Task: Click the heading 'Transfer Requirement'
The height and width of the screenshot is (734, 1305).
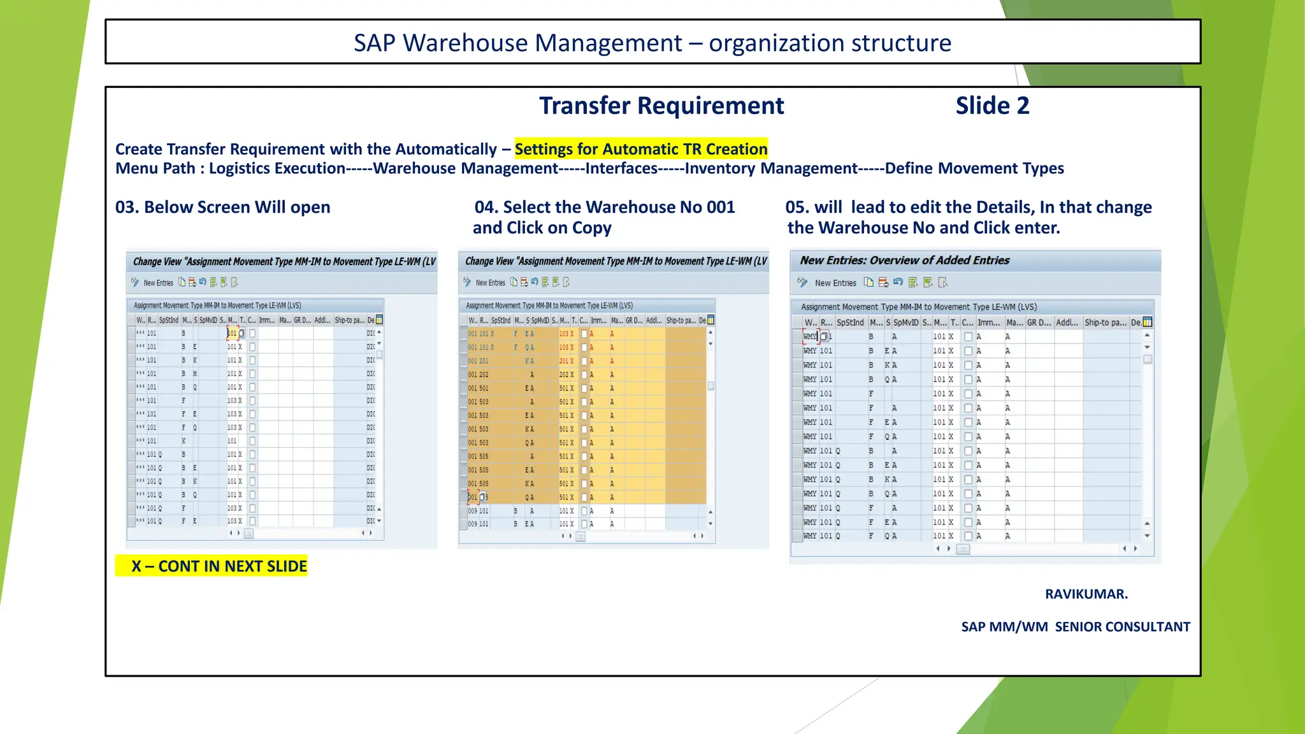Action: pos(661,106)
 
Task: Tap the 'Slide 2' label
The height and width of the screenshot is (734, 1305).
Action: pos(992,106)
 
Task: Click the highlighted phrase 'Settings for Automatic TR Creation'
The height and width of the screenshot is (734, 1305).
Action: pos(640,149)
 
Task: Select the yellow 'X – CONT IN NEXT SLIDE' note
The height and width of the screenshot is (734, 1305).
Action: pos(211,566)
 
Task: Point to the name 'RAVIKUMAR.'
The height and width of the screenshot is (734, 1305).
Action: pos(1086,594)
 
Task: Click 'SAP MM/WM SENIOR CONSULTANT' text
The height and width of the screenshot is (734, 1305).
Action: pos(1075,626)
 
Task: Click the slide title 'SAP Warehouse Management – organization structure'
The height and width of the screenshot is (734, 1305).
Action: pos(652,43)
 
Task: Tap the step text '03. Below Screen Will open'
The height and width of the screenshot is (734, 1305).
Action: pos(222,207)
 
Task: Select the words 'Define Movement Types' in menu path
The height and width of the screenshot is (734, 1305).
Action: pos(974,168)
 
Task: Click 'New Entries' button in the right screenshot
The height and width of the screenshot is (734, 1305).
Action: pos(835,283)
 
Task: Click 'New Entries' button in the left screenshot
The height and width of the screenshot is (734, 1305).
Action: pos(158,283)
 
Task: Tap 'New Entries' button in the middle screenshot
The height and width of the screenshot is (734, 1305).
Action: pos(490,283)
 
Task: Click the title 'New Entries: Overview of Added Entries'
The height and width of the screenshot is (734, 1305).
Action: pos(904,260)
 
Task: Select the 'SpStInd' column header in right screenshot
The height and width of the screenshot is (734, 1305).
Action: pos(850,322)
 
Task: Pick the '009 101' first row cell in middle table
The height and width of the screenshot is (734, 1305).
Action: pos(478,511)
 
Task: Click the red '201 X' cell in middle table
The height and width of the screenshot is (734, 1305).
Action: pos(566,361)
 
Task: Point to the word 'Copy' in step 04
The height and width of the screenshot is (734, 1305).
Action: pos(591,227)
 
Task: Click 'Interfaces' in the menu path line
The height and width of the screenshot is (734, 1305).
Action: pos(621,168)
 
